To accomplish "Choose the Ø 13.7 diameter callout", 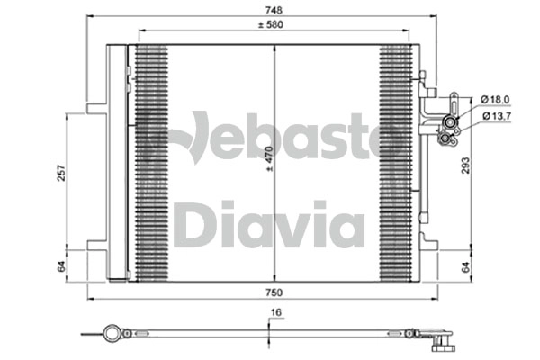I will pyautogui.click(x=496, y=116).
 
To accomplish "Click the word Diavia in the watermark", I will pyautogui.click(x=269, y=225).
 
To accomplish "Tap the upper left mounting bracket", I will pyautogui.click(x=96, y=109).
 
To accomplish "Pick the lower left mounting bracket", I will pyautogui.click(x=96, y=243).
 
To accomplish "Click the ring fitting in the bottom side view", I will pyautogui.click(x=112, y=333).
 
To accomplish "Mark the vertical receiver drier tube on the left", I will pyautogui.click(x=117, y=162).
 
